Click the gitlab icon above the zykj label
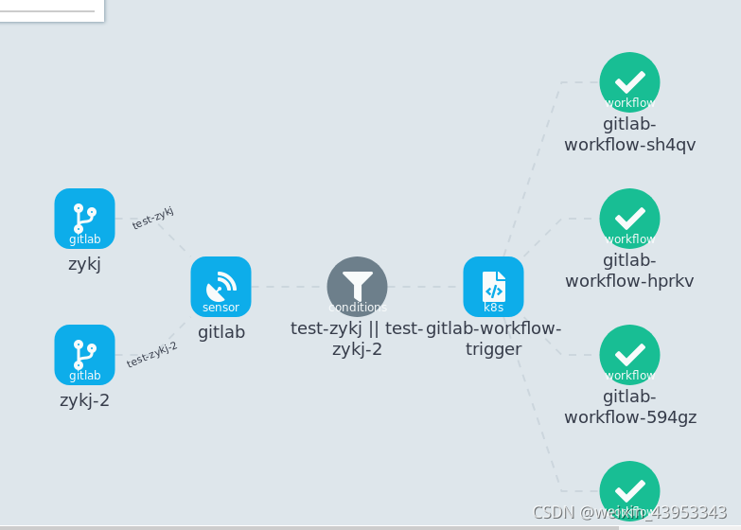84,218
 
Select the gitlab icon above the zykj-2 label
84,354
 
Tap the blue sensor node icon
221,286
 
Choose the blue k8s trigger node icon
493,286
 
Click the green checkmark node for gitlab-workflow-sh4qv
629,81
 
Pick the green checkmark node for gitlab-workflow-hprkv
629,218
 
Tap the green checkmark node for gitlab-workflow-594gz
629,354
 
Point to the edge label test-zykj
152,218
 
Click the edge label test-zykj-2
152,354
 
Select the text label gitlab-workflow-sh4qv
629,134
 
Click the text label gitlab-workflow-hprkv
629,271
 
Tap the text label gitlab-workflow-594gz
629,407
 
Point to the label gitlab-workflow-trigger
493,339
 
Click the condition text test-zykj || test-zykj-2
357,339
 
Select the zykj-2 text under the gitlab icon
84,400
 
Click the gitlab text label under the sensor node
221,332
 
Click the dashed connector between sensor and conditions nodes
289,286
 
